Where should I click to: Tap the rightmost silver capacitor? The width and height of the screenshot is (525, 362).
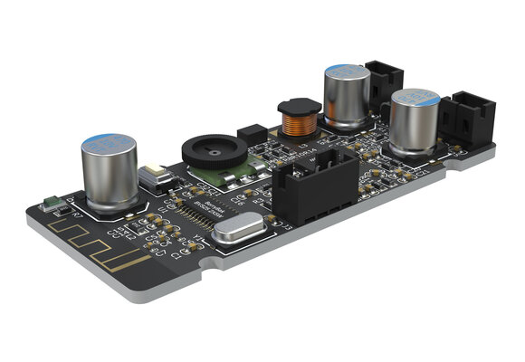tap(415, 120)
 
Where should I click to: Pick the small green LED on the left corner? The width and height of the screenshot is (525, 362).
tap(52, 205)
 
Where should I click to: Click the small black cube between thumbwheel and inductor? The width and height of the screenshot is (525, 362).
tap(251, 134)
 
